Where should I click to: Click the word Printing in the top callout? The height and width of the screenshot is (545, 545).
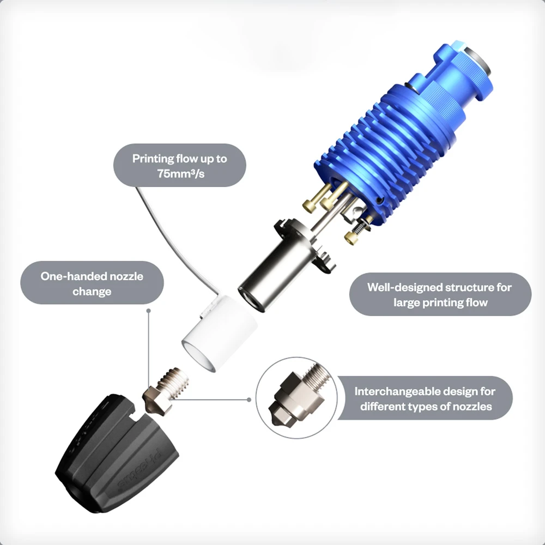tap(154, 159)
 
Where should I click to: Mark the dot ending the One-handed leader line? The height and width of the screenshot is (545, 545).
tap(149, 310)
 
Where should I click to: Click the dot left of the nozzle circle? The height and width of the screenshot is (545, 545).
tap(249, 399)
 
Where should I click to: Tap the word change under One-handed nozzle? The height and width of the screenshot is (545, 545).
tap(92, 292)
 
